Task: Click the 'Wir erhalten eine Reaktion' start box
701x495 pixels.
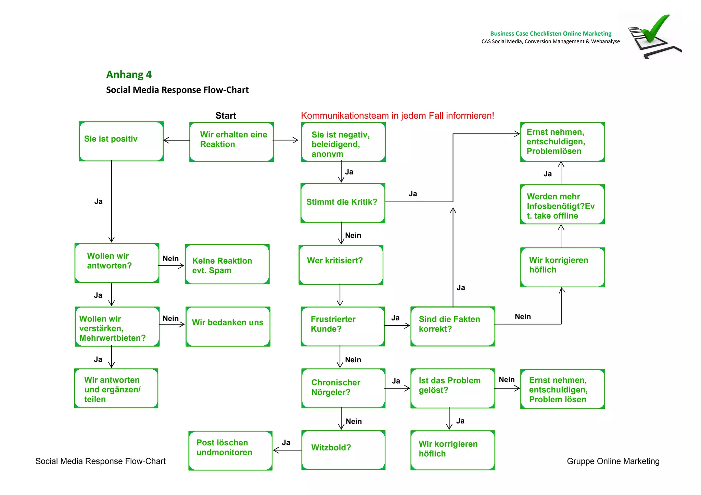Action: point(232,142)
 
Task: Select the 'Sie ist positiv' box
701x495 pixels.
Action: point(121,141)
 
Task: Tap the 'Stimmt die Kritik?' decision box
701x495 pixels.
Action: point(343,203)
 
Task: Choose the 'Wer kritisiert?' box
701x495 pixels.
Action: point(341,264)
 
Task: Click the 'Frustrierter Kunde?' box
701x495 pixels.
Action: point(343,326)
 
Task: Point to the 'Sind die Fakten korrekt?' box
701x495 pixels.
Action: point(453,326)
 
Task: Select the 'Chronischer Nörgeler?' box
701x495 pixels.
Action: point(343,388)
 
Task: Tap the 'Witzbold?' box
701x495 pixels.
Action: point(343,450)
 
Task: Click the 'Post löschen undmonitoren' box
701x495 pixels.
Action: point(230,450)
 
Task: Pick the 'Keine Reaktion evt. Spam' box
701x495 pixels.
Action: point(227,264)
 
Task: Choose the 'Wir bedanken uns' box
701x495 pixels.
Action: point(228,326)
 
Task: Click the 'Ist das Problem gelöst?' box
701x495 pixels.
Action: point(453,388)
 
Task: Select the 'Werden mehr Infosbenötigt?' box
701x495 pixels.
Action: point(562,204)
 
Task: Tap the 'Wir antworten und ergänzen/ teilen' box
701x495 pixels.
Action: point(116,388)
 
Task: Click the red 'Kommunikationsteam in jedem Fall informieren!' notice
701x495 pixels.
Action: point(397,116)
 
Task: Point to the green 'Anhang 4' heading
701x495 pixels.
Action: point(129,75)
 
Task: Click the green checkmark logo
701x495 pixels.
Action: point(655,34)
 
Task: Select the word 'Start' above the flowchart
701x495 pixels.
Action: point(226,116)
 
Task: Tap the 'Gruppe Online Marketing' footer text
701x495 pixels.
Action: point(613,461)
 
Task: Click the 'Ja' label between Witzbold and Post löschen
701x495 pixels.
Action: point(286,443)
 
